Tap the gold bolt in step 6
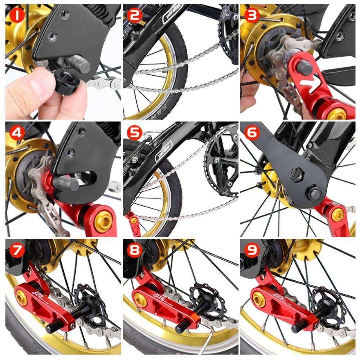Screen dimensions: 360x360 click(338, 215)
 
